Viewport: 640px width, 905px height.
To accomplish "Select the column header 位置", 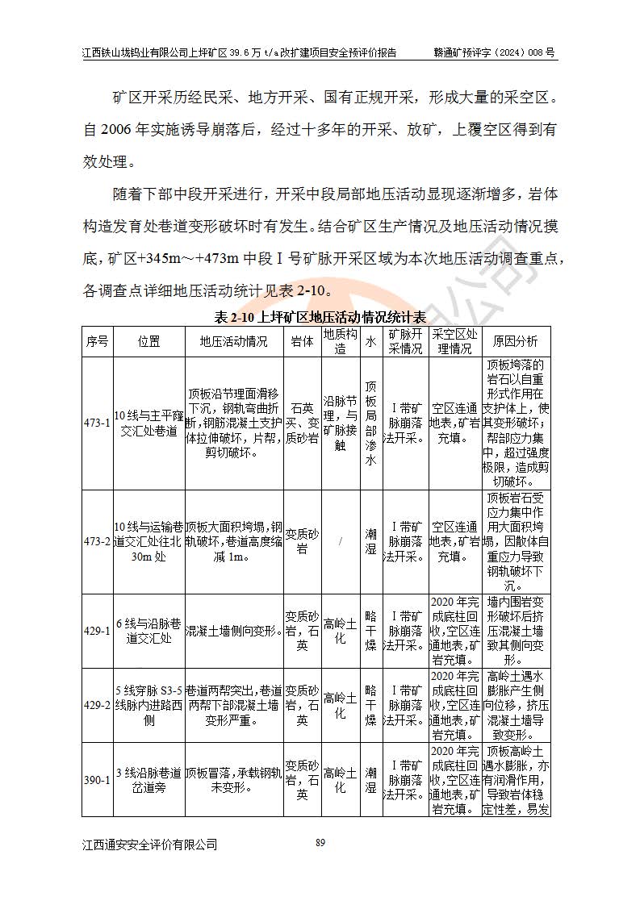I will (148, 341).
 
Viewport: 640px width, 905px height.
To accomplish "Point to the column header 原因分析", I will (516, 341).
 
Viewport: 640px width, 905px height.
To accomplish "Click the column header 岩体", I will (301, 341).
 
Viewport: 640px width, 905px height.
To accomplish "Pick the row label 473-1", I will (97, 423).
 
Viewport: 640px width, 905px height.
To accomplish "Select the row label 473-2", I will (97, 541).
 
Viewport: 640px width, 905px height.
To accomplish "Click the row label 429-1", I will (97, 631).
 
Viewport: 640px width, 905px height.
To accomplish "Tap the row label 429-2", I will (97, 705).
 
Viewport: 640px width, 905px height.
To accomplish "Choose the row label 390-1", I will (97, 780).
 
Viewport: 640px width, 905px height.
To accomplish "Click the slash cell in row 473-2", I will (341, 541).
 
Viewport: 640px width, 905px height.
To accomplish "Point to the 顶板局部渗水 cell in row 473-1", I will (370, 423).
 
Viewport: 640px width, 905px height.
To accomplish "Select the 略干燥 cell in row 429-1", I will (370, 631).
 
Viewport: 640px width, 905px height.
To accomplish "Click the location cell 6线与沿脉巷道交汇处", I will (148, 631).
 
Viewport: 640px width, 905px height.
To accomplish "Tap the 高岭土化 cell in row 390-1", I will (341, 780).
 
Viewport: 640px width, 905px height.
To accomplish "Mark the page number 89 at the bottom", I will (320, 843).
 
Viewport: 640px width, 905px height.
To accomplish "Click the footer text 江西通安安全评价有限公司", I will (150, 845).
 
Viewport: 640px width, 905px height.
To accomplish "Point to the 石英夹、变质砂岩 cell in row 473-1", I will (301, 423).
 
